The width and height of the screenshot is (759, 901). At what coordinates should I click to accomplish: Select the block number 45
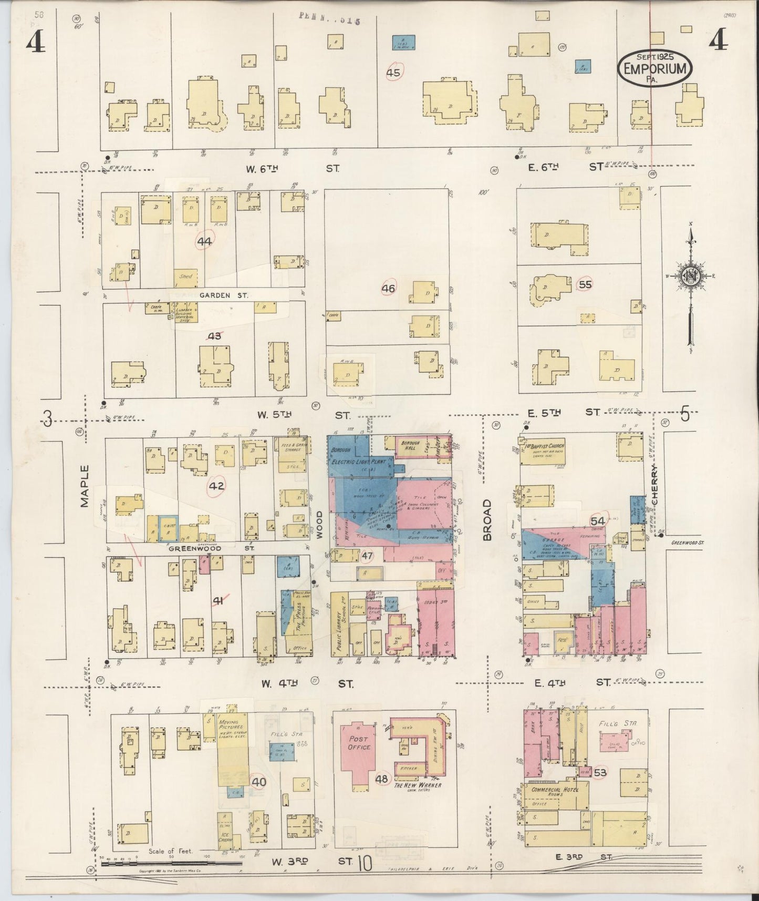[x=393, y=73]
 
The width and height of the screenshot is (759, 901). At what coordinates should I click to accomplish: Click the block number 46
[x=389, y=288]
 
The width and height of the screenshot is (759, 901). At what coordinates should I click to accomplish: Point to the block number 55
[x=584, y=284]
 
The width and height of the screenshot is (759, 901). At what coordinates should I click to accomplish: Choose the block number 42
[x=216, y=486]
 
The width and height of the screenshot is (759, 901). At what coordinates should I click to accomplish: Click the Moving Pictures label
[x=231, y=735]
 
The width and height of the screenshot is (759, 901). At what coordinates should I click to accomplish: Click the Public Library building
[x=340, y=624]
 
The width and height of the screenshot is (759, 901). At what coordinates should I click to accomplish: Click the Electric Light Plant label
[x=359, y=462]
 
